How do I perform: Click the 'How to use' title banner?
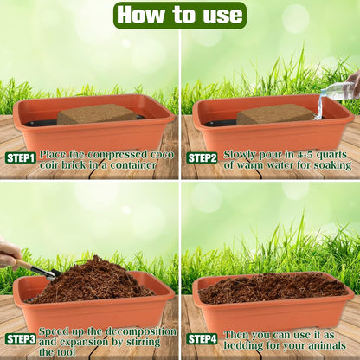pyautogui.click(x=179, y=15)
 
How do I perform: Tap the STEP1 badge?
pyautogui.click(x=21, y=157)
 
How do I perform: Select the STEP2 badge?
pyautogui.click(x=202, y=157)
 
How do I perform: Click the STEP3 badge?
pyautogui.click(x=21, y=339)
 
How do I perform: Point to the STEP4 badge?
pyautogui.click(x=202, y=338)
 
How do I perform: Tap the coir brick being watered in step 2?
pyautogui.click(x=275, y=114)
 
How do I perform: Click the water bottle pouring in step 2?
pyautogui.click(x=340, y=88)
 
